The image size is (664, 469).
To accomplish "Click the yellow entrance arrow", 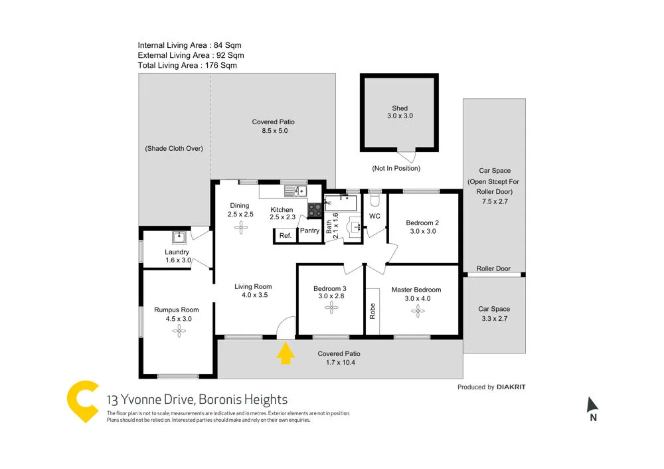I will click(285, 353).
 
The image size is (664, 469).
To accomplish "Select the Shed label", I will click(400, 108).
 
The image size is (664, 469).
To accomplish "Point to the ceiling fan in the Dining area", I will click(240, 227).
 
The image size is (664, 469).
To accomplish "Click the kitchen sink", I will click(294, 191).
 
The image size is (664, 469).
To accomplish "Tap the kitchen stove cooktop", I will click(315, 210).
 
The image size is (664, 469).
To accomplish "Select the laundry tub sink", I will click(179, 237).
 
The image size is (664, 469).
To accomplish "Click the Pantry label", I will click(309, 231).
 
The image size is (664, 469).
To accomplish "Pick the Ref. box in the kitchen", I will click(285, 236).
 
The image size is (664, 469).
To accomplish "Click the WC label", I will click(374, 217).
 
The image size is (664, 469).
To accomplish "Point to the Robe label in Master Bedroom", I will click(373, 311).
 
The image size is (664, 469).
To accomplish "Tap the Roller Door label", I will click(493, 269).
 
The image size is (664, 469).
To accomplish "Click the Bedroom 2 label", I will click(423, 223).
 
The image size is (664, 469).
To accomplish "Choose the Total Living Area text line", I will click(187, 65).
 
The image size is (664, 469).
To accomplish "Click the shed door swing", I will click(410, 157).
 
